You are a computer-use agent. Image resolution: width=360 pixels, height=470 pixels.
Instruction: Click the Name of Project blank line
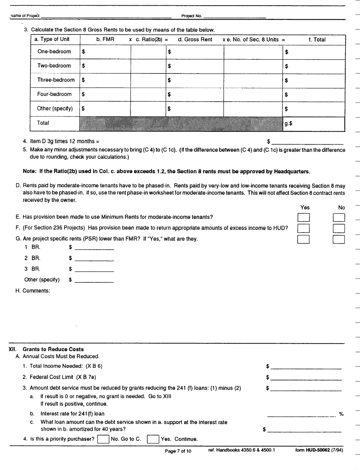[106, 16]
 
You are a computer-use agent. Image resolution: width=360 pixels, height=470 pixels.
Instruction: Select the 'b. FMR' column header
[105, 39]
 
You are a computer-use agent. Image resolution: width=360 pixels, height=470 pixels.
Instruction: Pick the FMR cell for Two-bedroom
[105, 66]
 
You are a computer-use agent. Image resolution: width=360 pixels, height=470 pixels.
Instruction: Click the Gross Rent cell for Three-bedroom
[195, 80]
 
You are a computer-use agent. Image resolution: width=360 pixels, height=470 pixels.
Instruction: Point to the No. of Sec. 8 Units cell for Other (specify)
[253, 109]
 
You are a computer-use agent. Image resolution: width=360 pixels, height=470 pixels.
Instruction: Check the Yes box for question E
[304, 218]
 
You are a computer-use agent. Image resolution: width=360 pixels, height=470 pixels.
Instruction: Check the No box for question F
[338, 228]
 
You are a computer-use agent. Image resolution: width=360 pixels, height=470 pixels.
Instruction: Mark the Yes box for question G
[304, 239]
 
